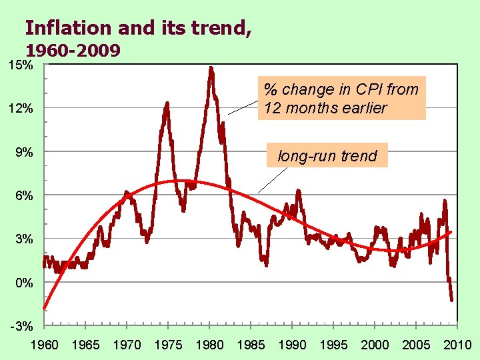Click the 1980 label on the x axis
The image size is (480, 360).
click(209, 345)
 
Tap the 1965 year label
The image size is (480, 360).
click(85, 345)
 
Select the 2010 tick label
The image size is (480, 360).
click(457, 345)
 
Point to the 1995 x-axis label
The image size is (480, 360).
click(333, 345)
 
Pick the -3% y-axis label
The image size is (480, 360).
click(22, 326)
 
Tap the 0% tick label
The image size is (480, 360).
click(24, 283)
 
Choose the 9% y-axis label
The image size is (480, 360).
click(24, 152)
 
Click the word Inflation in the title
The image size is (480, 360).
click(68, 27)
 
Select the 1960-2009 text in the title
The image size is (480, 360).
click(73, 50)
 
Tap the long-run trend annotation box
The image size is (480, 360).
click(327, 155)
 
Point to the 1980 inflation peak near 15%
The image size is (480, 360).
click(211, 68)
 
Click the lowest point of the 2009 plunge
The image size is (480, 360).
click(451, 300)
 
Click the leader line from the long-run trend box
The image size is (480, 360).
click(273, 180)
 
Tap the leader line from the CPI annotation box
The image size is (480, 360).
click(243, 107)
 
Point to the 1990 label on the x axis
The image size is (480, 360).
click(292, 345)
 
